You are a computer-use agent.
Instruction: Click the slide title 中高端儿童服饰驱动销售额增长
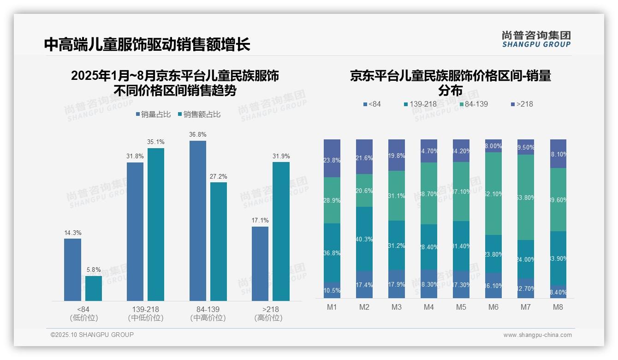coord(147,44)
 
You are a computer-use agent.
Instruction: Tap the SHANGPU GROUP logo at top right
coord(536,39)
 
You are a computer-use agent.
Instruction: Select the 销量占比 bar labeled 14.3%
coord(72,270)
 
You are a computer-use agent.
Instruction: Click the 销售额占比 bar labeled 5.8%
coord(94,288)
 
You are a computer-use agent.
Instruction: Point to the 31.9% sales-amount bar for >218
coord(281,231)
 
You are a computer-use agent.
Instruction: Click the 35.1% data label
coord(156,142)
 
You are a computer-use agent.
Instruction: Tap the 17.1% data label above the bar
coord(260,220)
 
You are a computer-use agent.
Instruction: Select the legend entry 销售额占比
coord(199,114)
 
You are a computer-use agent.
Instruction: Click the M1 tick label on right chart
coord(332,307)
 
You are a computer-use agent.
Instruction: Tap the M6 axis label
coord(493,307)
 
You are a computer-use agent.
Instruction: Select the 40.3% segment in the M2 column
coord(364,239)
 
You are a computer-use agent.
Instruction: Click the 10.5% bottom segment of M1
coord(332,290)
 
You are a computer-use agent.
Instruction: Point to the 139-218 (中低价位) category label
coord(146,313)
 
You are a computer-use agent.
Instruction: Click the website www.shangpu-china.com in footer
coord(537,335)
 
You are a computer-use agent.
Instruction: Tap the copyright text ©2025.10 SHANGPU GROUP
coord(92,335)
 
